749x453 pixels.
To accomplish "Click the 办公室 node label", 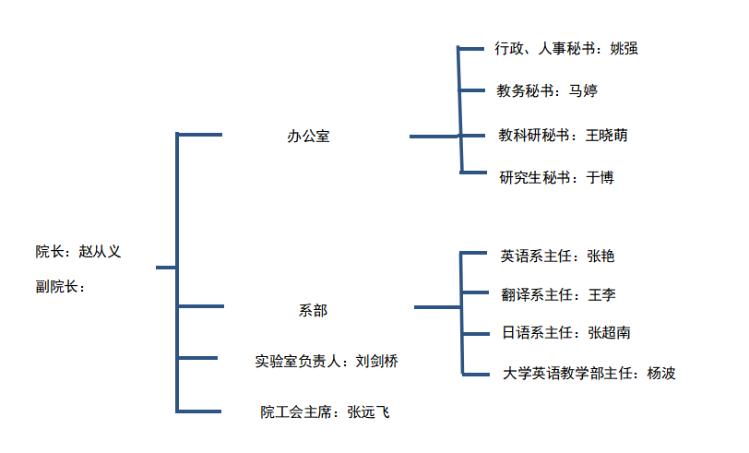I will pos(308,137).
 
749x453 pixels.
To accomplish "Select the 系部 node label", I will pos(313,311).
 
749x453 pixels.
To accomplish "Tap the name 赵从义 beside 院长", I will pos(100,251).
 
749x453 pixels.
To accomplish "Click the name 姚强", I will pos(624,49).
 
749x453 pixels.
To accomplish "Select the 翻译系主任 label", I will pos(534,295).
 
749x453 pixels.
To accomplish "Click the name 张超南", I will pos(610,333).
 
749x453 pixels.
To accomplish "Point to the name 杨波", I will pos(661,374).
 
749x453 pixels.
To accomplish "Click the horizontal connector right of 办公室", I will pos(434,137).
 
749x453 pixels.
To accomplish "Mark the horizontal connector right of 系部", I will pos(437,306).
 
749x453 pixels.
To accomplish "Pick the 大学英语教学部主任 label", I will pos(566,374).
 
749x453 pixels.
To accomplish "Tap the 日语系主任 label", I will pos(533,333).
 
